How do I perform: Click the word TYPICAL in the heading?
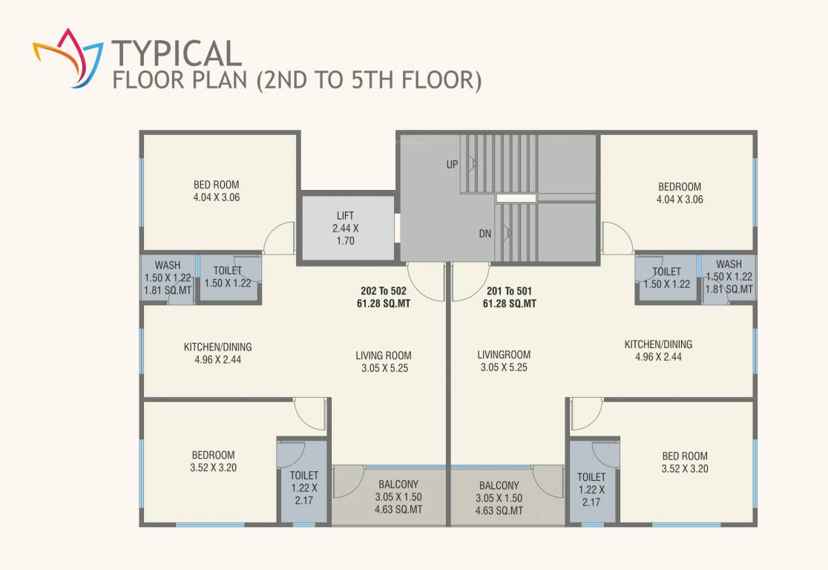point(177,53)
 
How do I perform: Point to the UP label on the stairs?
point(452,165)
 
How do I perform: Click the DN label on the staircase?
point(484,233)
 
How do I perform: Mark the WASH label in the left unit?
point(168,265)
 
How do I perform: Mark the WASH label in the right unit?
point(729,264)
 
